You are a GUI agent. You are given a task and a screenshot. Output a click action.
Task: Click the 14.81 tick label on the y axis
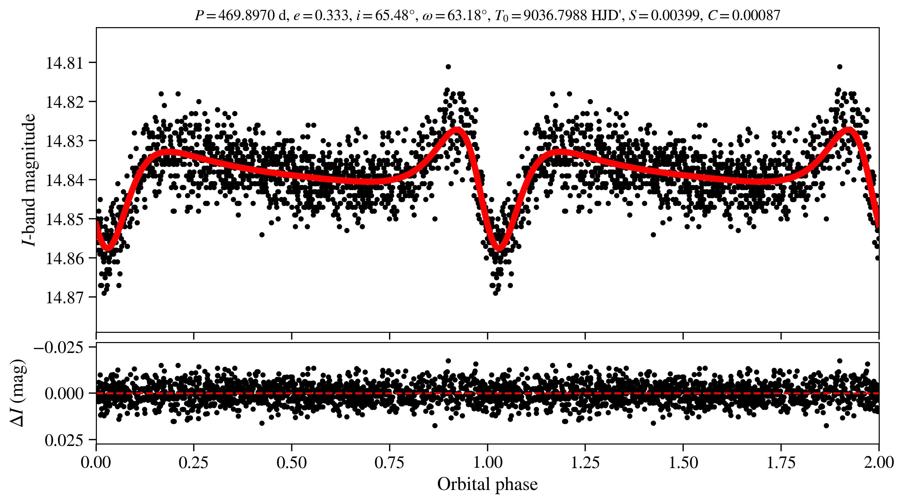[64, 63]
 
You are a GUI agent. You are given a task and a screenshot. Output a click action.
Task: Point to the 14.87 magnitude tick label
[64, 298]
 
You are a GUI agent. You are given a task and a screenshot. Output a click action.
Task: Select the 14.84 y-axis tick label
[64, 180]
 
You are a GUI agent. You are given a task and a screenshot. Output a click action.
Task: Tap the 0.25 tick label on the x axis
[193, 462]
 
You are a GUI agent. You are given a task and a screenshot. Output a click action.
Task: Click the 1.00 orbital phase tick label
[487, 462]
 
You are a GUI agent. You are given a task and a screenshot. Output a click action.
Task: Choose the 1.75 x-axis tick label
[781, 462]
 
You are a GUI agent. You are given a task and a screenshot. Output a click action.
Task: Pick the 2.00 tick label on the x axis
[878, 462]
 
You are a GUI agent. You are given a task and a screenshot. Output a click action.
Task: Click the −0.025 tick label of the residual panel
[58, 348]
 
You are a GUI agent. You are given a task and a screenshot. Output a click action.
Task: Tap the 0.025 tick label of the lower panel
[64, 440]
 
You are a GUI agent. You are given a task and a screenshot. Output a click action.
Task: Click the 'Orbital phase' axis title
[487, 484]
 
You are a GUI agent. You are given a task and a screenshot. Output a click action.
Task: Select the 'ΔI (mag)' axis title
[18, 393]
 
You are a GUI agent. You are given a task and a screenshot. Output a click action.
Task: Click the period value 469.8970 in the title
[246, 15]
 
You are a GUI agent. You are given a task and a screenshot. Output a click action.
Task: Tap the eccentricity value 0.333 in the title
[331, 15]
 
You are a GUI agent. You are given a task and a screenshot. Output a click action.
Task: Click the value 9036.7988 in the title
[555, 15]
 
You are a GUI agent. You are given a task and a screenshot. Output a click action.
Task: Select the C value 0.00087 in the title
[756, 15]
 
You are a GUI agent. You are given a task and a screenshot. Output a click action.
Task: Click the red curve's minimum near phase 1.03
[499, 247]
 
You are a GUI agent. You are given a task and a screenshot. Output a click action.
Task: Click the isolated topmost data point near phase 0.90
[448, 67]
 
